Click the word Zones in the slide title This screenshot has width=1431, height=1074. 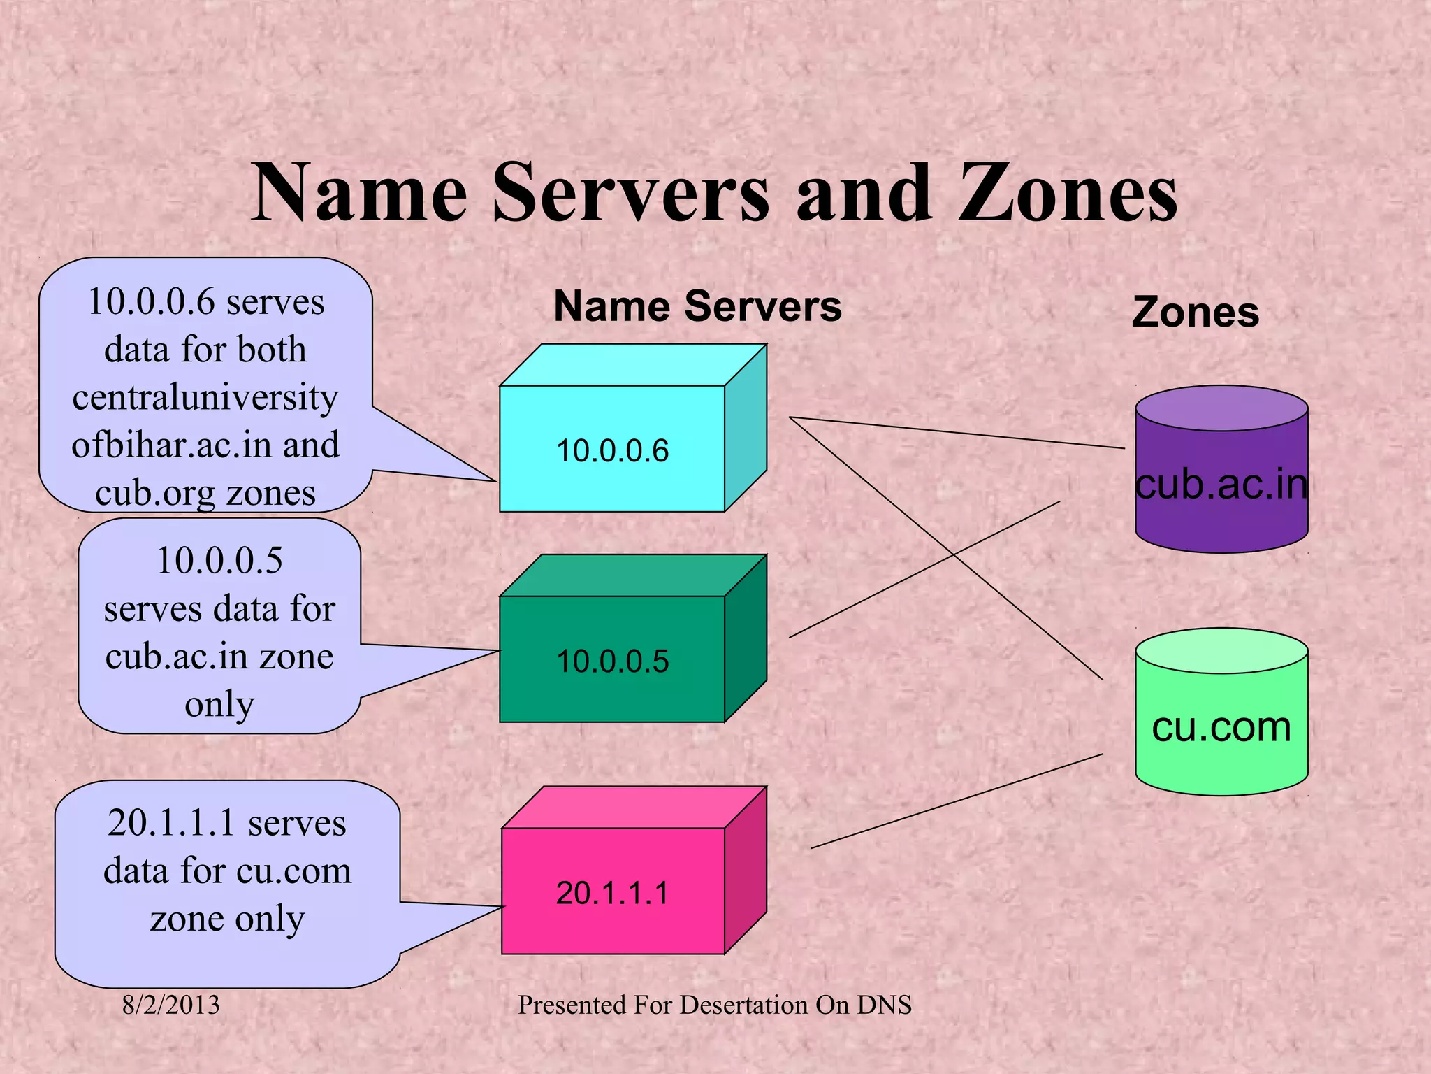click(x=1068, y=192)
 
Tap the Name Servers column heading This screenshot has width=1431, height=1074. click(x=697, y=306)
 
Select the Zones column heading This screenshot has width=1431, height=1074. click(x=1195, y=312)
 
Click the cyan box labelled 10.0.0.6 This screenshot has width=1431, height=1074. click(x=612, y=449)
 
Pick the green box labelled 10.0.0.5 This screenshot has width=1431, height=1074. click(x=612, y=659)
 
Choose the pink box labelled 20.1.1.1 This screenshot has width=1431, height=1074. click(x=612, y=892)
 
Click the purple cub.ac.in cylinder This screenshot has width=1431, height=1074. click(x=1221, y=482)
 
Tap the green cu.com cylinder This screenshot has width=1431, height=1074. click(x=1221, y=727)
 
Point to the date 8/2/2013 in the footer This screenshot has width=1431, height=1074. click(x=170, y=1005)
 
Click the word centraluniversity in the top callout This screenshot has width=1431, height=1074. click(x=205, y=397)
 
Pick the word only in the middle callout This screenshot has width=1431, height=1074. click(x=219, y=704)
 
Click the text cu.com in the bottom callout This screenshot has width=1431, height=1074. click(x=293, y=871)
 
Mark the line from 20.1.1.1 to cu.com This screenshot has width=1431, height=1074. click(x=957, y=801)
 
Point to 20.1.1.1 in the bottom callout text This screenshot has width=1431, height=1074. click(x=170, y=823)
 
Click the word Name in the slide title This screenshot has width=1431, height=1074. click(x=359, y=192)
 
